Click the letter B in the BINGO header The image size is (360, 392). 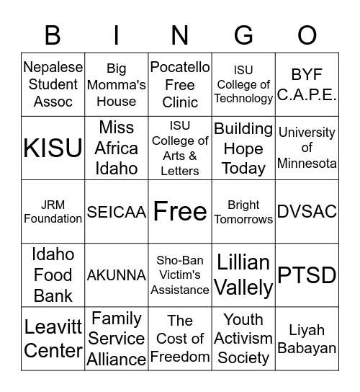click(53, 35)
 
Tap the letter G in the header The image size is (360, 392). click(243, 35)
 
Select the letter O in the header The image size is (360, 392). click(307, 35)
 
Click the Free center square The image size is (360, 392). click(180, 212)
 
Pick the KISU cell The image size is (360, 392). click(53, 148)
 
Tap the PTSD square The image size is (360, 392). click(307, 275)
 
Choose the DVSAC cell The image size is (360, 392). click(307, 212)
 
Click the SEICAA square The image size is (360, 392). click(116, 212)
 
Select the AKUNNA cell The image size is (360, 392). click(116, 275)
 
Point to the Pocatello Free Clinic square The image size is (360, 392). click(180, 84)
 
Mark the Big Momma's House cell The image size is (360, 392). click(116, 84)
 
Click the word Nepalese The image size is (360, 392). click(53, 68)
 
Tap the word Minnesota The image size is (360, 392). click(307, 164)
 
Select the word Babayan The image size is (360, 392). click(307, 348)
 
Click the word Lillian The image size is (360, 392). click(243, 263)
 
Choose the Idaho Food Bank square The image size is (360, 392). click(53, 275)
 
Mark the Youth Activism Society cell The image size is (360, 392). click(243, 339)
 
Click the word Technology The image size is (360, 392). click(243, 99)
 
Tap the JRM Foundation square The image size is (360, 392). click(53, 212)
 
